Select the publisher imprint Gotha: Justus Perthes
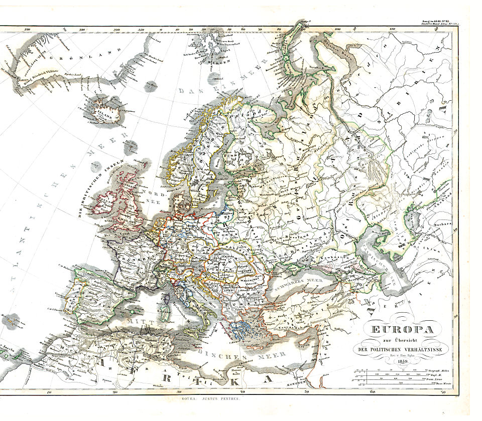click(x=209, y=399)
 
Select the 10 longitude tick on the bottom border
click(x=48, y=392)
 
